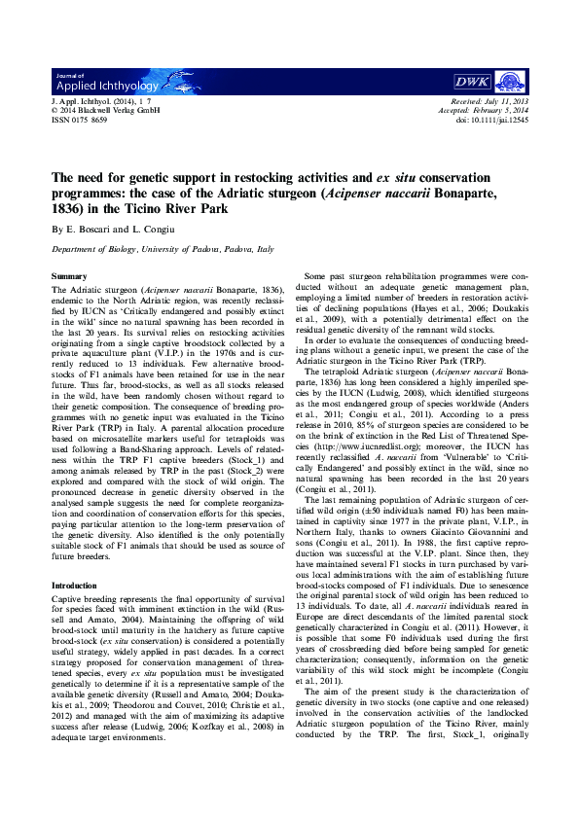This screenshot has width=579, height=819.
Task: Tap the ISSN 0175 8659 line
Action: point(79,120)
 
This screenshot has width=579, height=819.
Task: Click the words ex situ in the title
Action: point(384,178)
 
